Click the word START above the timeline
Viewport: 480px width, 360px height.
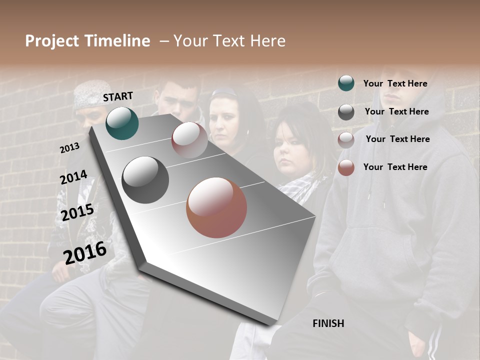118,96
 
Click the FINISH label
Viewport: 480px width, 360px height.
328,323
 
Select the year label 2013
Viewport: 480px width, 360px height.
69,148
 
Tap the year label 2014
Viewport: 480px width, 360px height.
73,177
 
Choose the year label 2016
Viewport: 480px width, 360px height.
85,252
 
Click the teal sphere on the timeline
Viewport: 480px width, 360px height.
122,123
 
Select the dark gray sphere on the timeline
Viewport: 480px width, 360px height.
145,180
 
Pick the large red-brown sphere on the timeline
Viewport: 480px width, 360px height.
216,207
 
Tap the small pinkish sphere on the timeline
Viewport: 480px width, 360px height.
189,139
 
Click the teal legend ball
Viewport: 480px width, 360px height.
346,83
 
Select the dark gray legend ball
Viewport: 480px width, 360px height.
346,112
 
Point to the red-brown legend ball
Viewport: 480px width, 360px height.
346,167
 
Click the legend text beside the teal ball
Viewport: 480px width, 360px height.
395,83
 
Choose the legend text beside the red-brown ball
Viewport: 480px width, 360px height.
395,167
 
